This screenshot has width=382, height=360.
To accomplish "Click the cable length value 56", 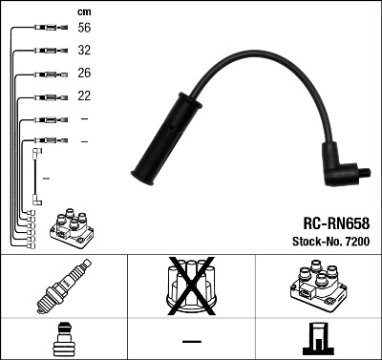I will (x=84, y=30).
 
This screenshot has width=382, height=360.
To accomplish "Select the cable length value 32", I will (x=84, y=52).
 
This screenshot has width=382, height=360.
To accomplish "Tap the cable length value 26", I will (x=84, y=74).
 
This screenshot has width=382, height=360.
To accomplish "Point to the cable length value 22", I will (x=84, y=96).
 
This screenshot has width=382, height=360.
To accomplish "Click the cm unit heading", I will (x=83, y=11).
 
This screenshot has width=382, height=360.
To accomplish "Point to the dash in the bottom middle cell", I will (x=191, y=341).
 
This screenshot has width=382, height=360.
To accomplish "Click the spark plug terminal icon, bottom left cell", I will (x=63, y=340).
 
